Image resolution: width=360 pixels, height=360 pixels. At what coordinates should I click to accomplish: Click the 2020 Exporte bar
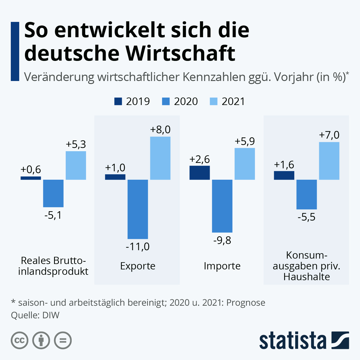pyautogui.click(x=138, y=209)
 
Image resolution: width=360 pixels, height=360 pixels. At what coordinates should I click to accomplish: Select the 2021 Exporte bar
pyautogui.click(x=160, y=158)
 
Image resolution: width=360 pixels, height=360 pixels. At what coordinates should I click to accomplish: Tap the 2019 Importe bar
pyautogui.click(x=199, y=173)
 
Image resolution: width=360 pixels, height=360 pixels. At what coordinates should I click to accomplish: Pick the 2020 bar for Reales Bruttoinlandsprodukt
pyautogui.click(x=53, y=193)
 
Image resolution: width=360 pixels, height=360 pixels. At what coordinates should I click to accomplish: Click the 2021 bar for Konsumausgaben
pyautogui.click(x=329, y=161)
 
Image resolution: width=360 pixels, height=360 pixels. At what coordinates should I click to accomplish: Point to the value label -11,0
pyautogui.click(x=138, y=247)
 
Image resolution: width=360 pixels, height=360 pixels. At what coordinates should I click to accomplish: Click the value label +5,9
pyautogui.click(x=245, y=141)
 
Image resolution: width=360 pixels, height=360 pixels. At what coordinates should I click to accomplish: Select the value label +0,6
pyautogui.click(x=31, y=170)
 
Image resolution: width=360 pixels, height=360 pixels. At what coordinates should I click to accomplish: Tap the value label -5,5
pyautogui.click(x=306, y=217)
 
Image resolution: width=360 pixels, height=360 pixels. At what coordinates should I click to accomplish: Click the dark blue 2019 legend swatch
pyautogui.click(x=118, y=101)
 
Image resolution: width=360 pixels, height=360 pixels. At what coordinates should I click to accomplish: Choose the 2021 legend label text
pyautogui.click(x=233, y=101)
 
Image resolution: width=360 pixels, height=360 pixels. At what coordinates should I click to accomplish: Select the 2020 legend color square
pyautogui.click(x=166, y=101)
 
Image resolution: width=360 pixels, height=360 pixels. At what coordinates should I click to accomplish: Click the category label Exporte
pyautogui.click(x=138, y=266)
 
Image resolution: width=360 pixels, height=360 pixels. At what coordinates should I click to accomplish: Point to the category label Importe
pyautogui.click(x=222, y=266)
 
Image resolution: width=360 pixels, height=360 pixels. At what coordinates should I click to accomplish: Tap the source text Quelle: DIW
pyautogui.click(x=35, y=315)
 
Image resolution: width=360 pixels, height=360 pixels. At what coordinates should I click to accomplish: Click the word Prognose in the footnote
pyautogui.click(x=246, y=303)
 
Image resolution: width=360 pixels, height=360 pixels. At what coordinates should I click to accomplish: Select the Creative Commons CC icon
pyautogui.click(x=19, y=340)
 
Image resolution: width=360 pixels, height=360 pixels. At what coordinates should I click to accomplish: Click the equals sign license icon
pyautogui.click(x=63, y=340)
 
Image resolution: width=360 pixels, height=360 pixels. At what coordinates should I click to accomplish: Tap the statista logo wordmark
pyautogui.click(x=293, y=341)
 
